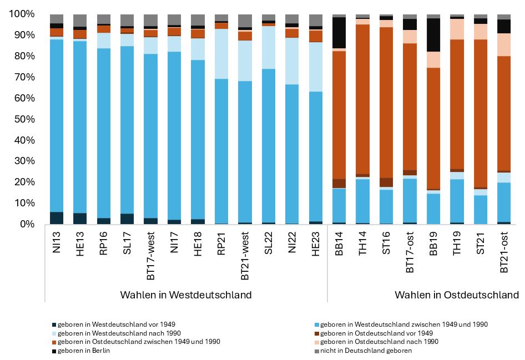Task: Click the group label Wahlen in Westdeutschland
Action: [186, 295]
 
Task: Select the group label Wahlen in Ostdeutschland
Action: [457, 295]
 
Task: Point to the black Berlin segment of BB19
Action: [434, 35]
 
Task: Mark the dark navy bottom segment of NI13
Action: [57, 218]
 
